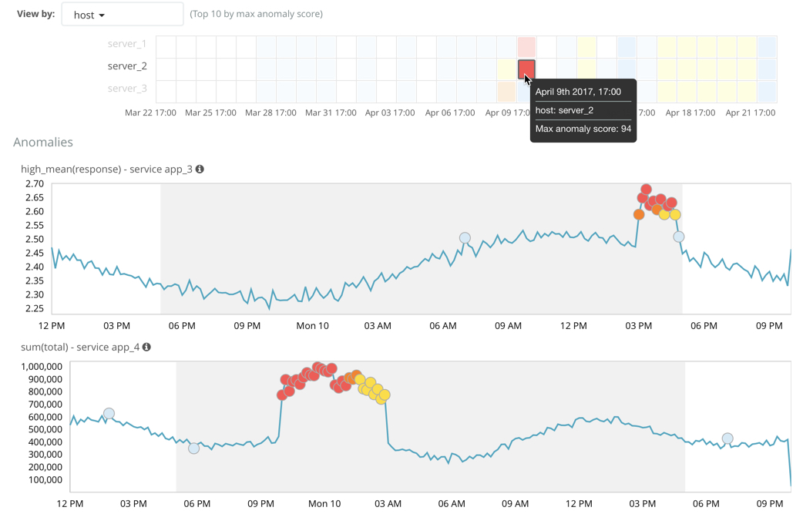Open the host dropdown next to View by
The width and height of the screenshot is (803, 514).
pos(122,15)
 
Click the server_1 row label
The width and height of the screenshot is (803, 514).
pos(127,44)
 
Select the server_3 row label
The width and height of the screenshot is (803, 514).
pos(127,89)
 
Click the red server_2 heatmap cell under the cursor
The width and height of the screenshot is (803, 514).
pos(526,69)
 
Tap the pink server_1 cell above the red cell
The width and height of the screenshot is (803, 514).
pos(526,46)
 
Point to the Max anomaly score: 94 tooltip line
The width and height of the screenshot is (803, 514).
pos(583,129)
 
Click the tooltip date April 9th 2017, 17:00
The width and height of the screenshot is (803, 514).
pos(578,92)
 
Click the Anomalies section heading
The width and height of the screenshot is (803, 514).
pos(43,143)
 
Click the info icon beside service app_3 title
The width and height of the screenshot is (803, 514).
pos(200,169)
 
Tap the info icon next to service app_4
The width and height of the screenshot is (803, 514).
pos(146,347)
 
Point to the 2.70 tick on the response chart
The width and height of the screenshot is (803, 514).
pos(34,184)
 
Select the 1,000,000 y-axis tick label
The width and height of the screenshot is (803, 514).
pos(42,367)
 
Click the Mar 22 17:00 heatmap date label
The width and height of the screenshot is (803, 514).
pos(150,113)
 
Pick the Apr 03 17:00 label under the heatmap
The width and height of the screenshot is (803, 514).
pos(390,113)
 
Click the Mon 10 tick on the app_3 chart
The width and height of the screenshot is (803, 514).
pos(312,326)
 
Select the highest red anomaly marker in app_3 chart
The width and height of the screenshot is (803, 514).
pos(646,190)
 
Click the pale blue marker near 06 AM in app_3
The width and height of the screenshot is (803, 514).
pos(465,239)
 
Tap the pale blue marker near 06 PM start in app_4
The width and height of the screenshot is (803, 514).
pos(194,448)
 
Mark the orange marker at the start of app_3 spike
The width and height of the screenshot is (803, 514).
pos(639,215)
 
